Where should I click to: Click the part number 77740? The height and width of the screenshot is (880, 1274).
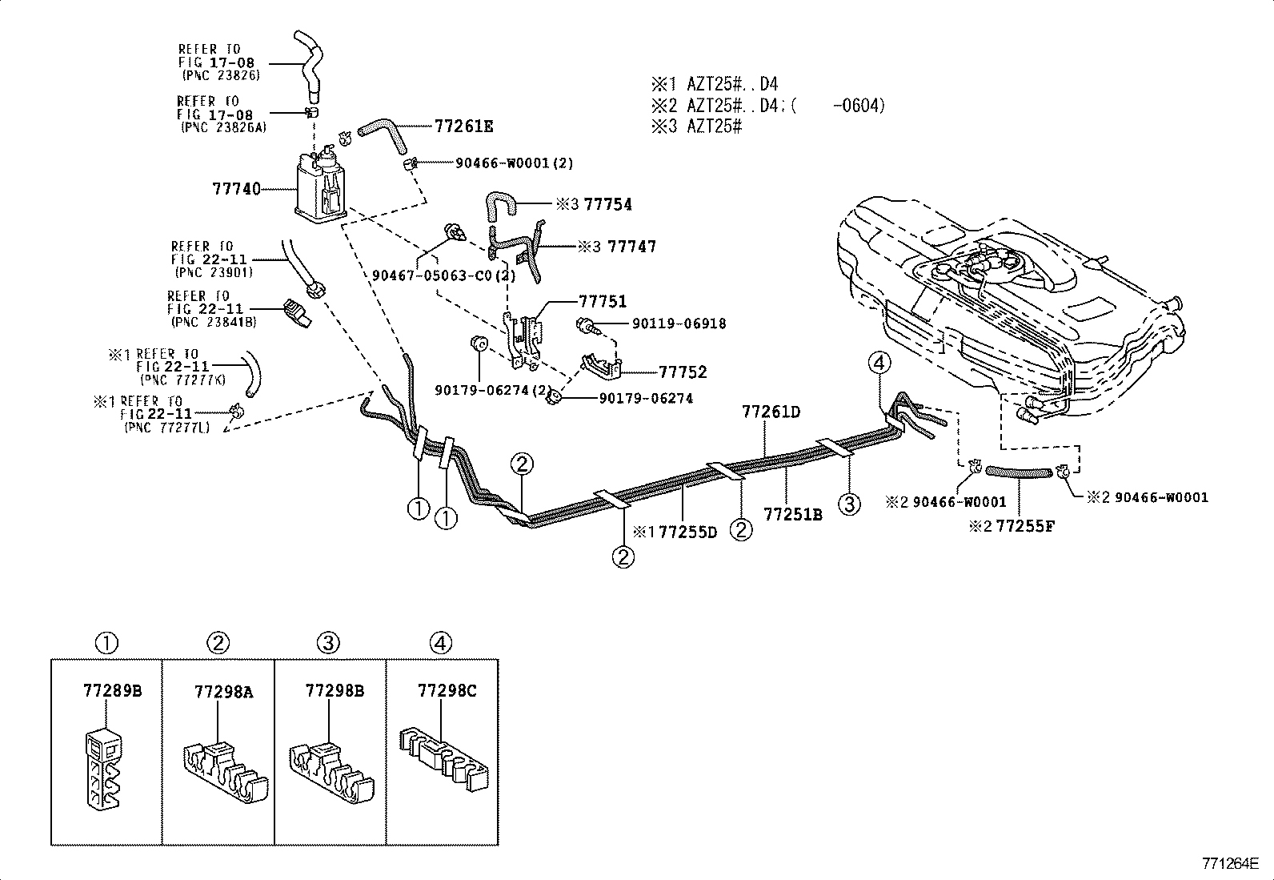(x=237, y=188)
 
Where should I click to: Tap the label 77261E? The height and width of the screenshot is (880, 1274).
(x=464, y=126)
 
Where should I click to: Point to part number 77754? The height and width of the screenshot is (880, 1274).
(x=608, y=204)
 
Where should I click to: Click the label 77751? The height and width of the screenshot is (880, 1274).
(x=603, y=301)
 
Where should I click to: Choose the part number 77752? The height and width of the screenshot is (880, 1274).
(x=683, y=372)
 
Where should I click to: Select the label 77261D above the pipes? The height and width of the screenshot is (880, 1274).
(x=771, y=412)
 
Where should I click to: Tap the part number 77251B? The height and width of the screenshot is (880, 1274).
(x=793, y=515)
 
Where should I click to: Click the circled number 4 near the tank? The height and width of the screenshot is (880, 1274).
(x=879, y=363)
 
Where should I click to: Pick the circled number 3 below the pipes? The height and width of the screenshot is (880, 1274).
(x=850, y=504)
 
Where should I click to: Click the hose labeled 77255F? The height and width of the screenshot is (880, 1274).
(x=1019, y=472)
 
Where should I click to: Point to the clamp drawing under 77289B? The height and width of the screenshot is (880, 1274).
(x=104, y=768)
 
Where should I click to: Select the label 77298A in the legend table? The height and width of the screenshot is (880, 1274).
(x=224, y=692)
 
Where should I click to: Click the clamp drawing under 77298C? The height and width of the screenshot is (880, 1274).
(x=443, y=759)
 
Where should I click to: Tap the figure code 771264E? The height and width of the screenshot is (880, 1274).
(x=1230, y=863)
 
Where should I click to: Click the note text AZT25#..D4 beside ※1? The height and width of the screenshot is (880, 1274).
(x=732, y=84)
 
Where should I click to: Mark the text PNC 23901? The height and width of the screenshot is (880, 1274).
(x=214, y=273)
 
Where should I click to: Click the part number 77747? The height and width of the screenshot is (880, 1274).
(x=632, y=247)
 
